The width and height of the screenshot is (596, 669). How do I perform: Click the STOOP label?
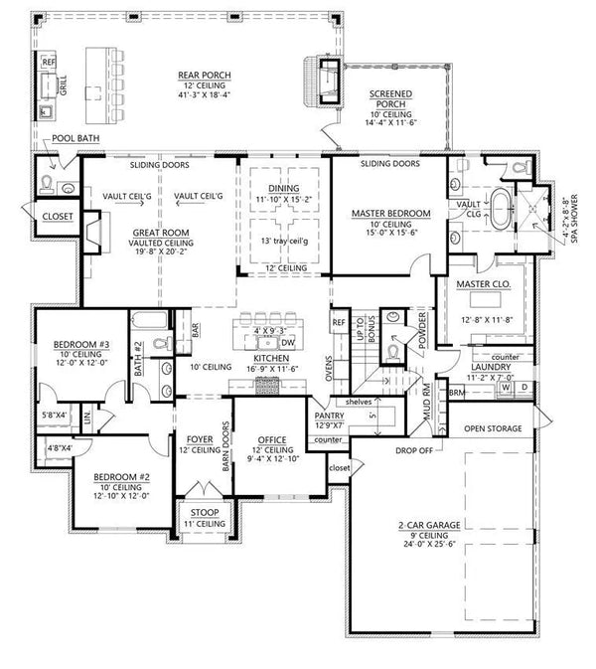(x=203, y=512)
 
